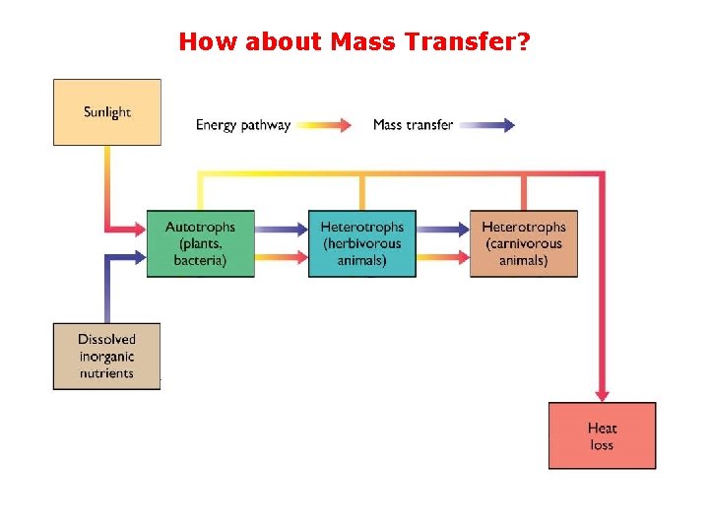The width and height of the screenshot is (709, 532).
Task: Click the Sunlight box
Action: (x=106, y=112)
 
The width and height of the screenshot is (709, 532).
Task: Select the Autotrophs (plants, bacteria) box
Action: (x=200, y=243)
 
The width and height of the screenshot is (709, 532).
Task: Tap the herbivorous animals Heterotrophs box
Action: (x=361, y=243)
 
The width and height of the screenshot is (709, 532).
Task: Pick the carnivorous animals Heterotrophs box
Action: (x=523, y=243)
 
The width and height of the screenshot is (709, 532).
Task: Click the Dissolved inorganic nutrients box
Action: (x=106, y=356)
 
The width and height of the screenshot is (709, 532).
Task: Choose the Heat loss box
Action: (x=602, y=435)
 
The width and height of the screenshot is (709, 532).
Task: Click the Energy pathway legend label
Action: (x=243, y=125)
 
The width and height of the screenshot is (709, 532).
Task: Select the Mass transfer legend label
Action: (x=413, y=125)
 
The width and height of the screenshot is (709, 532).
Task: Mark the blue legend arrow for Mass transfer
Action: (x=487, y=125)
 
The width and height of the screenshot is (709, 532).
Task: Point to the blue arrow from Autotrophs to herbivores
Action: (x=281, y=230)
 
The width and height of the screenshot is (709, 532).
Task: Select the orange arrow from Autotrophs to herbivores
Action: (x=281, y=258)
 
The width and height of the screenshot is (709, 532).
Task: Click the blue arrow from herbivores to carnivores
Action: (x=442, y=230)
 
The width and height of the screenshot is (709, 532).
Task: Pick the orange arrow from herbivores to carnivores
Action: (x=442, y=258)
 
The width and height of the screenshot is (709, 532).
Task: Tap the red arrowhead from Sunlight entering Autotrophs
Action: (x=139, y=230)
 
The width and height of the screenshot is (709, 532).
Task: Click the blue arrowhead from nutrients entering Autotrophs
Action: (x=139, y=258)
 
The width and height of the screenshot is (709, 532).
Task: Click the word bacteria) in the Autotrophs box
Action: (x=200, y=260)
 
